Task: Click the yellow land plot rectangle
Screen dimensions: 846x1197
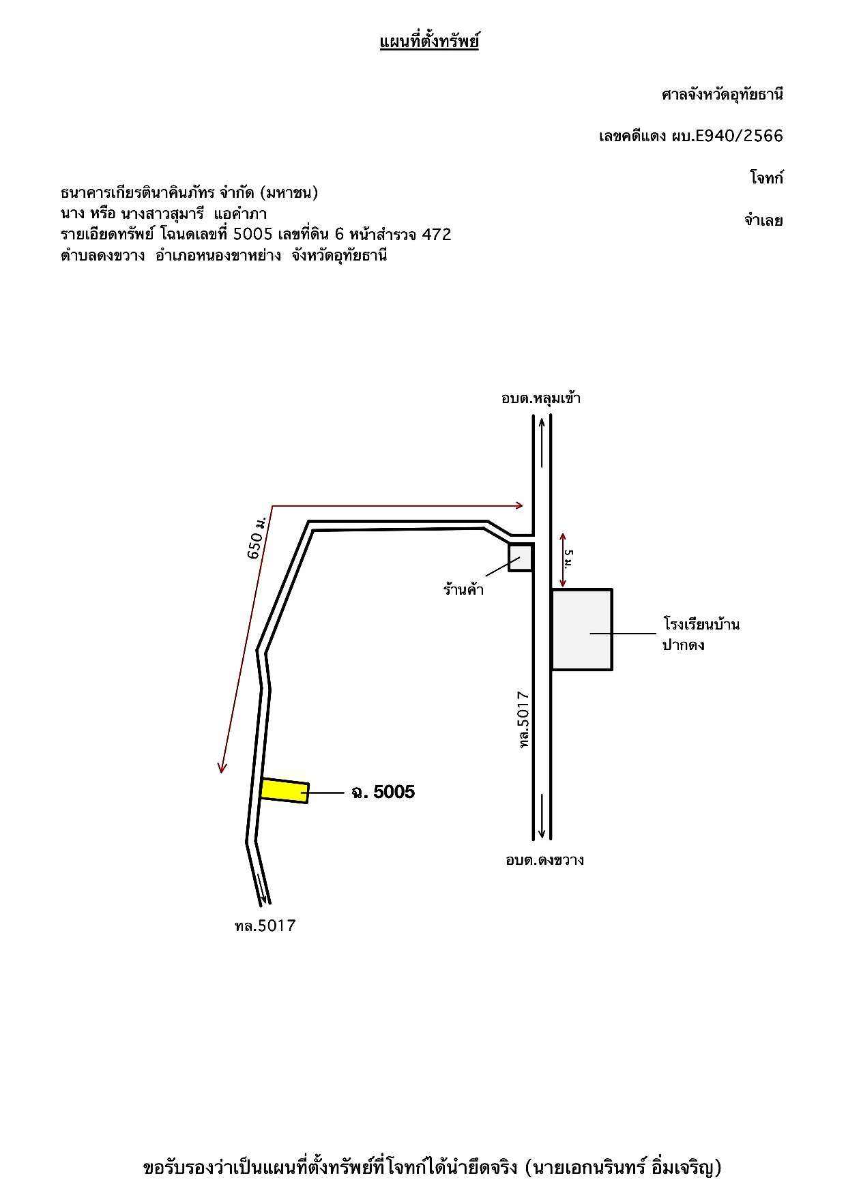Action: (285, 790)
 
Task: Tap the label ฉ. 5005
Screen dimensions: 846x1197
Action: (383, 792)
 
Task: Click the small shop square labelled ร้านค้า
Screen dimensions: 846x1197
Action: (521, 557)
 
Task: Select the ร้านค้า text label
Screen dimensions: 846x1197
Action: (463, 589)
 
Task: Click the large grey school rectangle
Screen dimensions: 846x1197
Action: (582, 630)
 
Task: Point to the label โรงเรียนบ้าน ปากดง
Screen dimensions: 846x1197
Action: (701, 634)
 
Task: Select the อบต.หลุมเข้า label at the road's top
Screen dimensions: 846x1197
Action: (541, 398)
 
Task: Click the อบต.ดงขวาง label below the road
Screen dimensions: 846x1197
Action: (544, 860)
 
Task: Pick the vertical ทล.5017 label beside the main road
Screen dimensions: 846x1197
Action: (524, 721)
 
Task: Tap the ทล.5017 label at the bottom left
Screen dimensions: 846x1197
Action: (265, 926)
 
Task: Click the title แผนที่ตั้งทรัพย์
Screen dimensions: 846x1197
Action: (429, 42)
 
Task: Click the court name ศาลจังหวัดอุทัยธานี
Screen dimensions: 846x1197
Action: (723, 94)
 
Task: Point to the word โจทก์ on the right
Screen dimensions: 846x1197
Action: (767, 178)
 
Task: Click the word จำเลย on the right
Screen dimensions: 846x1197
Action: (763, 220)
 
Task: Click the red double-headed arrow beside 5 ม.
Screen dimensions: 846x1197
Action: (562, 560)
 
